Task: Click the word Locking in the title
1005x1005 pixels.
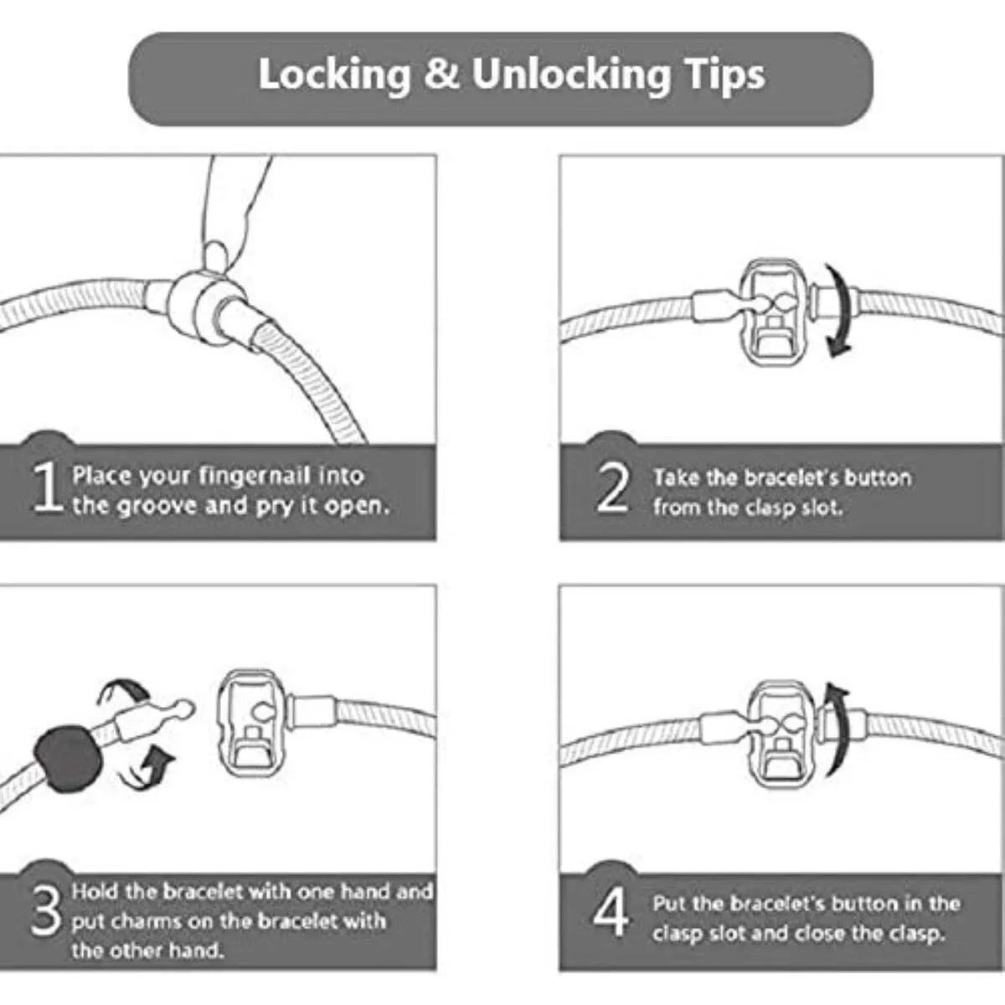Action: tap(334, 75)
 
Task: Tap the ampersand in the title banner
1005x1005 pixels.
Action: tap(441, 74)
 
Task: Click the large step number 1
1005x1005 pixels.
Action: tap(47, 487)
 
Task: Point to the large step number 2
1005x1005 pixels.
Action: tap(612, 487)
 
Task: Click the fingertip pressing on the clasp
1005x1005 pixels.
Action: tap(215, 256)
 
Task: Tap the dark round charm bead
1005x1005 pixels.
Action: tap(69, 759)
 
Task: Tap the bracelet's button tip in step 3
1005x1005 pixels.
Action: tap(184, 709)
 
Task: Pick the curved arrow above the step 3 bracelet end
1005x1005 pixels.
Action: tap(124, 689)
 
